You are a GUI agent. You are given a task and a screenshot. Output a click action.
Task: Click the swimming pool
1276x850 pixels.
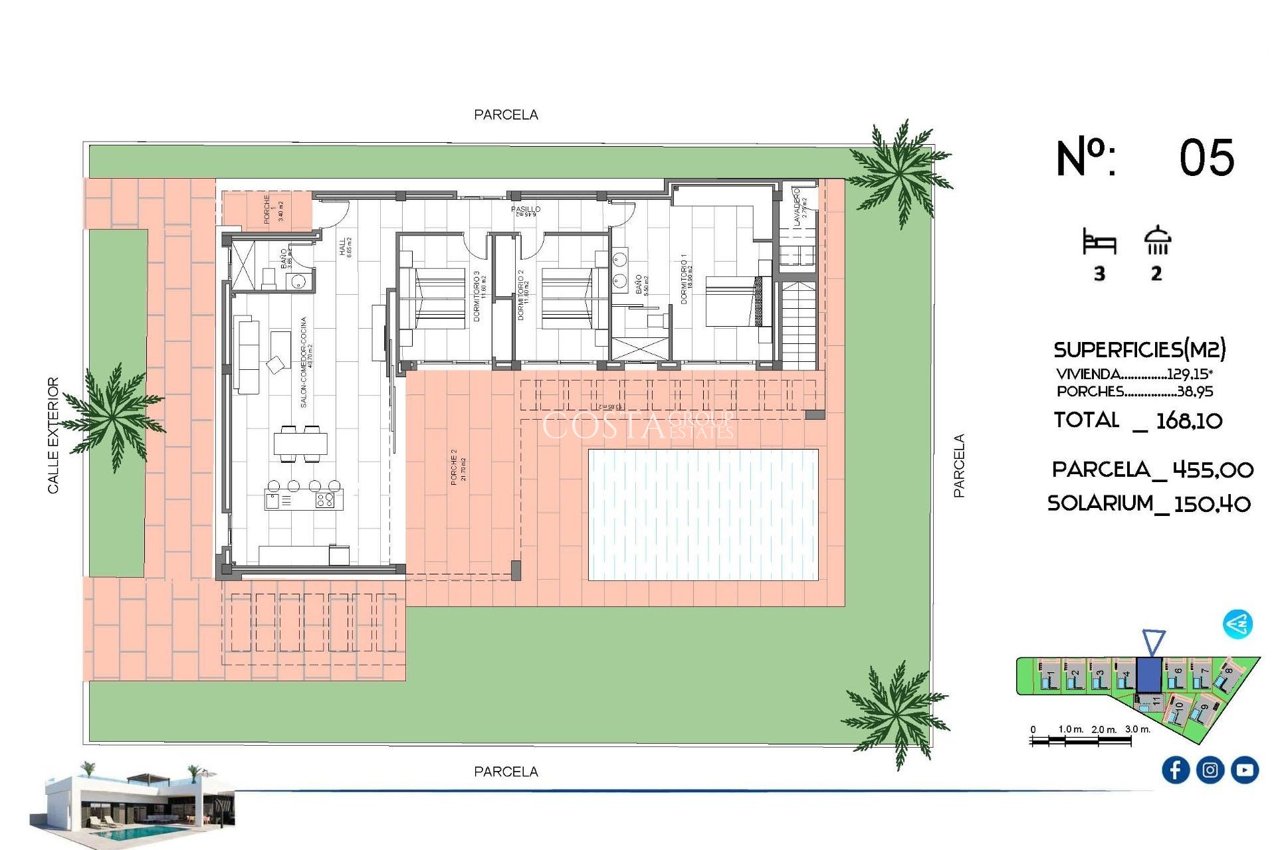pyautogui.click(x=703, y=515)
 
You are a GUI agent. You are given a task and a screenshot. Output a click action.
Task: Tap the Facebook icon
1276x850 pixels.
pyautogui.click(x=1175, y=770)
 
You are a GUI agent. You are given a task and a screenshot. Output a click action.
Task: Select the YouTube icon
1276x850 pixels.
pyautogui.click(x=1244, y=770)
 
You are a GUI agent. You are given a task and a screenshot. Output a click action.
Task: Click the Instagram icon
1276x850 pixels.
pyautogui.click(x=1210, y=770)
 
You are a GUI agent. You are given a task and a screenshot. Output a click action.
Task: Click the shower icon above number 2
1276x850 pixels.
pyautogui.click(x=1157, y=240)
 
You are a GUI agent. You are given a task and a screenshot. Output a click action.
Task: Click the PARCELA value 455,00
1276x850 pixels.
pyautogui.click(x=1212, y=470)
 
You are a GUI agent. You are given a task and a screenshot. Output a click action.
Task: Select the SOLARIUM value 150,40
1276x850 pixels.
pyautogui.click(x=1212, y=504)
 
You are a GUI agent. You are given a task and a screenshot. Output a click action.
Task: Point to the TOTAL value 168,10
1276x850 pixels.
pyautogui.click(x=1188, y=420)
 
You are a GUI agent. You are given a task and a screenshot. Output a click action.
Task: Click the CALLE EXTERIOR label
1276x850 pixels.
pyautogui.click(x=53, y=436)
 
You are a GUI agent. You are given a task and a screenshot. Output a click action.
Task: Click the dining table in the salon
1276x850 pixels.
pyautogui.click(x=300, y=444)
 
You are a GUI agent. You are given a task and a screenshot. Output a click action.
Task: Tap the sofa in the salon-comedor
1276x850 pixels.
pyautogui.click(x=247, y=356)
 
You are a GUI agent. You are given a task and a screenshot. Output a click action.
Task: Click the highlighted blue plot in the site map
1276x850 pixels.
pyautogui.click(x=1148, y=675)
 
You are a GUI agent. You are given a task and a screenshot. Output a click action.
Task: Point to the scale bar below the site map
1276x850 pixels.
pyautogui.click(x=1080, y=740)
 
